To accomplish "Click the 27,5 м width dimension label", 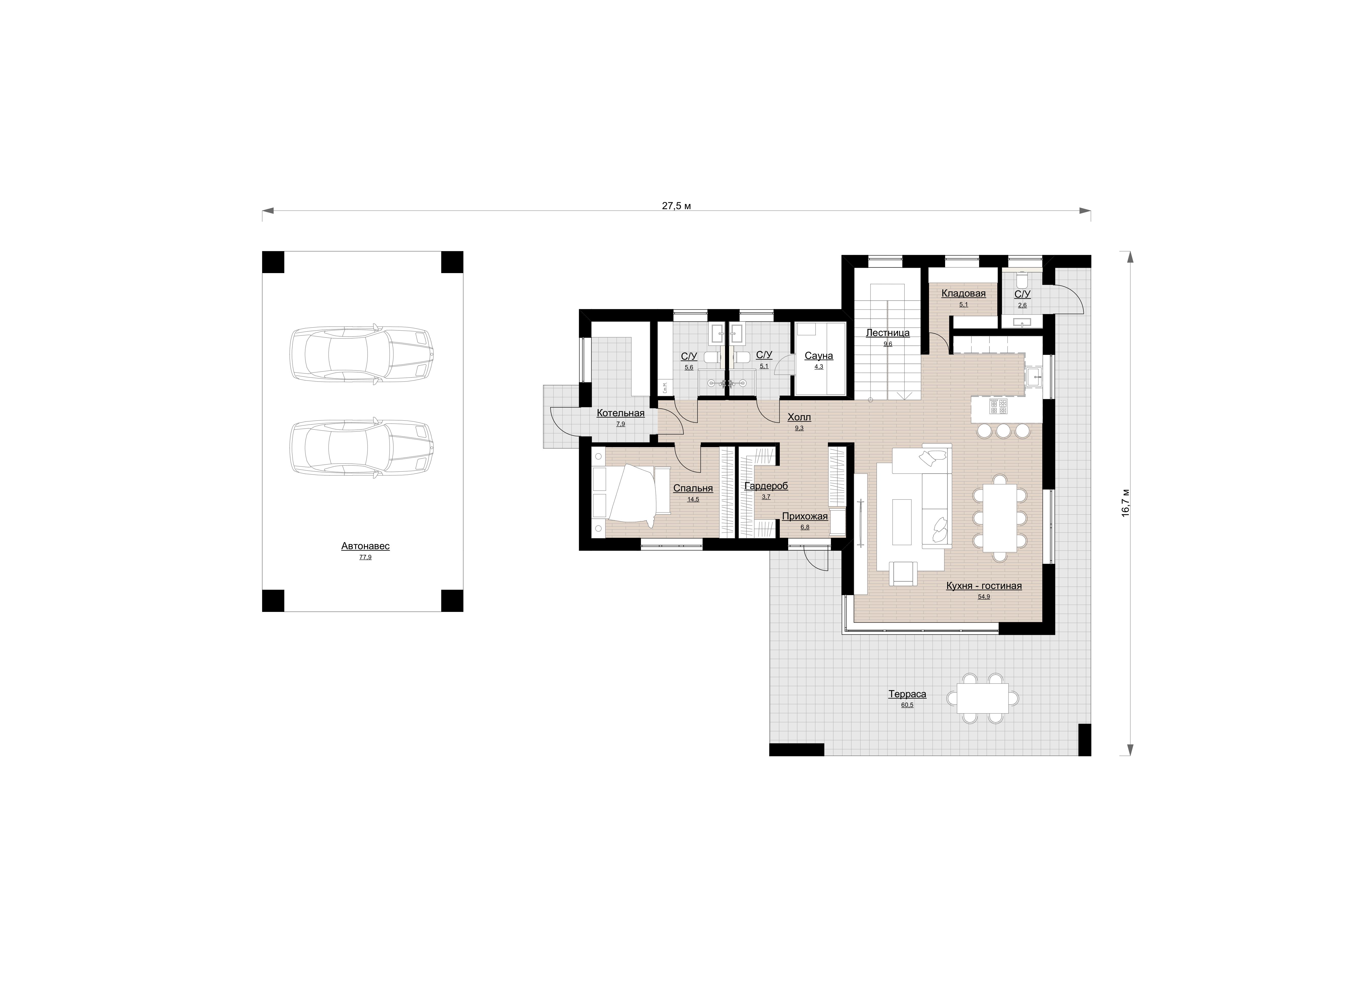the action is [x=676, y=206].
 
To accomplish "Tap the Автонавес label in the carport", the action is [x=365, y=546].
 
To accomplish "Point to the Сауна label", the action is [x=819, y=356].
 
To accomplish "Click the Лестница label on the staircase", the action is [x=888, y=332].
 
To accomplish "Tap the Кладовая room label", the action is [x=963, y=293].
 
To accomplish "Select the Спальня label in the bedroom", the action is [x=693, y=488].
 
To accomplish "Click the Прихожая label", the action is [x=805, y=516].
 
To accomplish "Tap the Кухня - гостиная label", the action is [x=984, y=585].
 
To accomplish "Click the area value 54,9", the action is [x=984, y=597].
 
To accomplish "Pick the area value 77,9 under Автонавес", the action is [x=365, y=557].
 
